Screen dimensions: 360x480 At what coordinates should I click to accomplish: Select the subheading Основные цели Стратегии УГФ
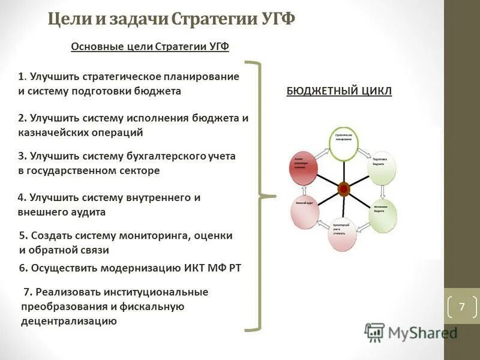click(x=150, y=47)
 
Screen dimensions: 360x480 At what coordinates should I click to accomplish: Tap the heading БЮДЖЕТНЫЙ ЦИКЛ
click(x=339, y=91)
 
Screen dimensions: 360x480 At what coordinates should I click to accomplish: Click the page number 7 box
click(x=461, y=307)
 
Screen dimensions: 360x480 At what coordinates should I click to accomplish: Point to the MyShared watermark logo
click(x=411, y=332)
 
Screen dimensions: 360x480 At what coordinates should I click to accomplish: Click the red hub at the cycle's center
click(x=344, y=188)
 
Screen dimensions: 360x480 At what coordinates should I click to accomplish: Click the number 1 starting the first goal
click(x=22, y=77)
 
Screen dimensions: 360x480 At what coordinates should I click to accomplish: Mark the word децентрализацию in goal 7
click(x=68, y=321)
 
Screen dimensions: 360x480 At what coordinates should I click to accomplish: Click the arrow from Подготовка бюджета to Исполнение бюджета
click(x=384, y=191)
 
